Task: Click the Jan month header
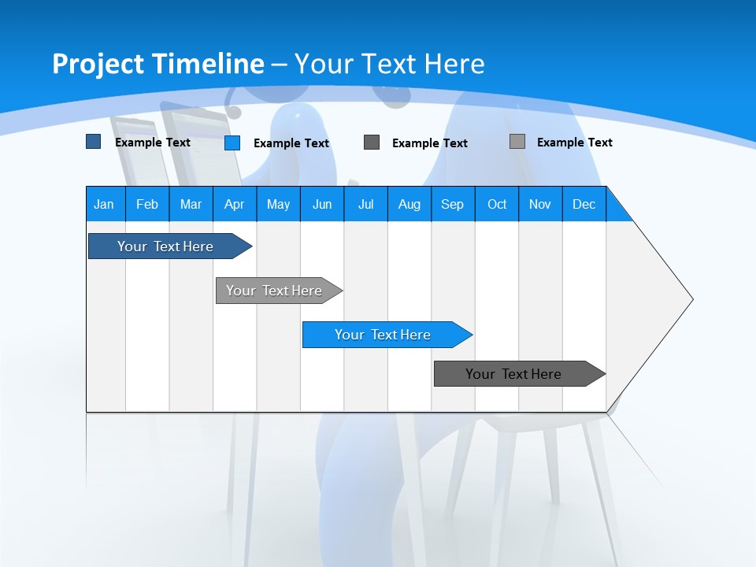click(105, 204)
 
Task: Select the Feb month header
click(147, 204)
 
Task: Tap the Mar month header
click(191, 204)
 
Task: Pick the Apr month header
click(235, 204)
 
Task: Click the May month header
click(278, 204)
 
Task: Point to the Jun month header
click(322, 204)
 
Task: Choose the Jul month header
click(365, 204)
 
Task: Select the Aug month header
click(409, 204)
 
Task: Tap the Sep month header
click(453, 204)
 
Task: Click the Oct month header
click(497, 204)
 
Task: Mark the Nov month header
click(540, 204)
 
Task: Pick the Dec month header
click(584, 204)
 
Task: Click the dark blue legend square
click(93, 142)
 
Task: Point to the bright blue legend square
click(232, 143)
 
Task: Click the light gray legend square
click(517, 142)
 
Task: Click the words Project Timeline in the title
click(158, 64)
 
